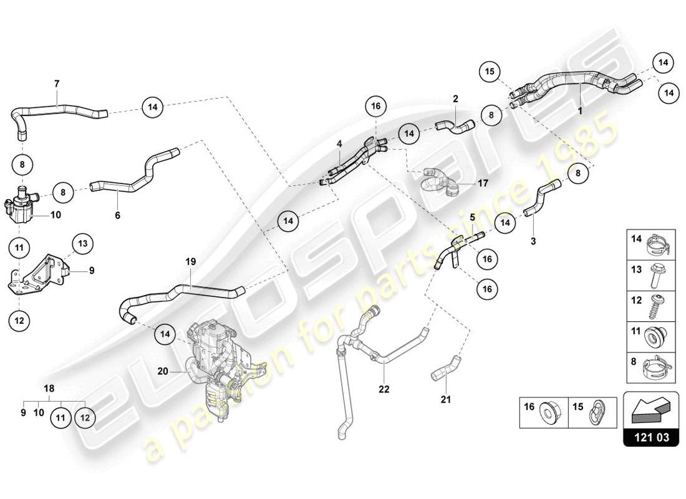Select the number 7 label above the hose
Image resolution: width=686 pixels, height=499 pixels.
[x=57, y=83]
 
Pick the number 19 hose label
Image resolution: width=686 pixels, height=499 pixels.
[x=191, y=263]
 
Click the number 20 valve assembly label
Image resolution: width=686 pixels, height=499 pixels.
[x=163, y=371]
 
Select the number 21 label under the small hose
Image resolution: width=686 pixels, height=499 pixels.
[x=445, y=399]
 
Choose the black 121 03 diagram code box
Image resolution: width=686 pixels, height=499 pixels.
[x=650, y=438]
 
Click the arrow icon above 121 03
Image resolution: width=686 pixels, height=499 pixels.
[x=650, y=409]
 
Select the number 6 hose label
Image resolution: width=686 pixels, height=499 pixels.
[x=117, y=215]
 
